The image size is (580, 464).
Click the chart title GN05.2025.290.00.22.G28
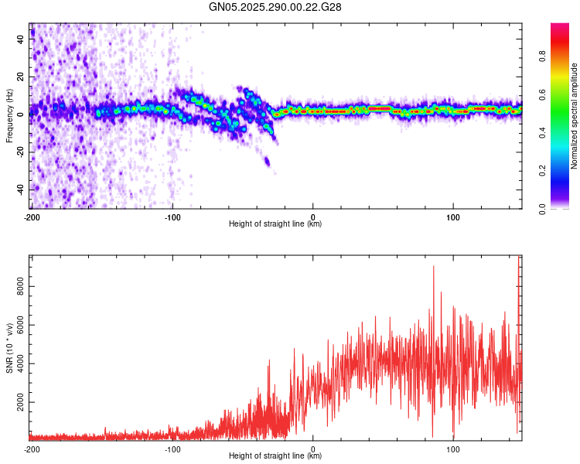(276, 7)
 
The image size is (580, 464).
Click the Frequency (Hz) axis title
(9, 116)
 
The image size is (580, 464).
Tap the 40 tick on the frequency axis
(20, 40)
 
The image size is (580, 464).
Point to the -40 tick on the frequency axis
(19, 189)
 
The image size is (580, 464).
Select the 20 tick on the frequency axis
(20, 77)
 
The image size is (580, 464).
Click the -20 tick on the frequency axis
(19, 152)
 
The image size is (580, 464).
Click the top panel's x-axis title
(275, 224)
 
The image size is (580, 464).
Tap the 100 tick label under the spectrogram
(453, 217)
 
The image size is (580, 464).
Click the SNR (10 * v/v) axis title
(9, 348)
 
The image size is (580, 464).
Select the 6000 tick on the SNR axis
(17, 325)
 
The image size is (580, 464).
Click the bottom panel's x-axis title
(275, 456)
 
